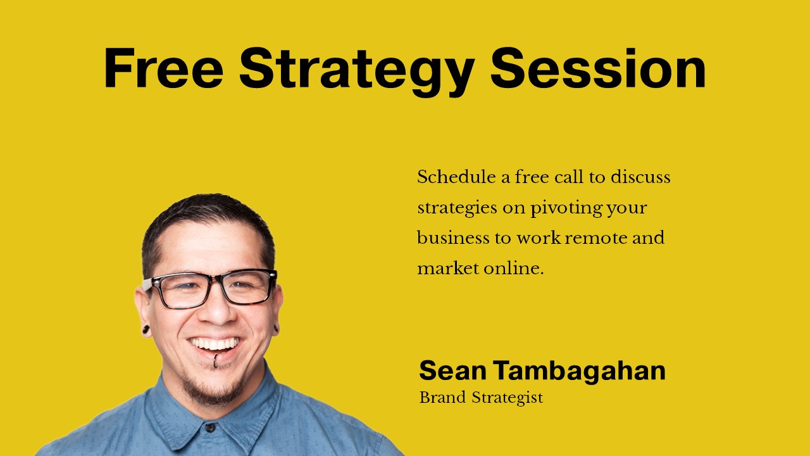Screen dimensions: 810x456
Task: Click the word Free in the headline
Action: [164, 68]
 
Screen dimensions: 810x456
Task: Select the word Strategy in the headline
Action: [357, 72]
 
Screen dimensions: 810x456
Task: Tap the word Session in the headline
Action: [598, 68]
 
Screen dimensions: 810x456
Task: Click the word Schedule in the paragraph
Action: [457, 177]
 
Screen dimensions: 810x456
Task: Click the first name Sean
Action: [452, 370]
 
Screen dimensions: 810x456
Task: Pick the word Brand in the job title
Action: [442, 397]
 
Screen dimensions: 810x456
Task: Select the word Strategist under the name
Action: [508, 398]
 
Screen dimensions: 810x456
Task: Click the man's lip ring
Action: [216, 360]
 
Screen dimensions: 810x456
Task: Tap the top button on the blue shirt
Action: [210, 427]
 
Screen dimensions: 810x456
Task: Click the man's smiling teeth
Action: [215, 344]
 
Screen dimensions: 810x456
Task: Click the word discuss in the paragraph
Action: [640, 177]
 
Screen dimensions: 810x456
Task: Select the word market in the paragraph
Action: [448, 269]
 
